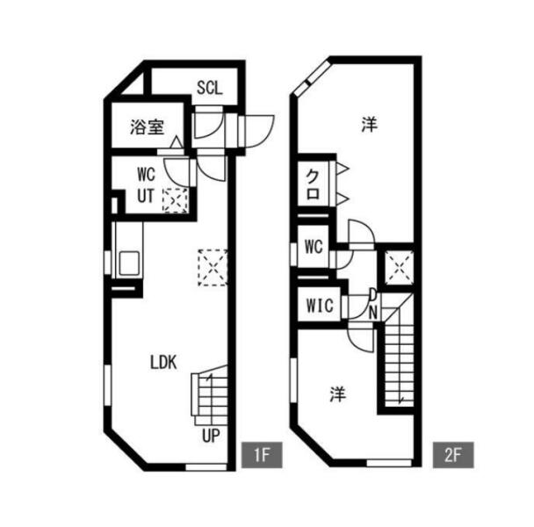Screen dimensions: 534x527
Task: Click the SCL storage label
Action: click(x=209, y=88)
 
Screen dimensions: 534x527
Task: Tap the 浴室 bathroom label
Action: click(x=148, y=127)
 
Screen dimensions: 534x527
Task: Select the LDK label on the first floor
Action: click(x=163, y=363)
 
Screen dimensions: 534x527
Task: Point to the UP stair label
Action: click(x=211, y=435)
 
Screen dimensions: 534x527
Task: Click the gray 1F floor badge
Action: click(x=262, y=455)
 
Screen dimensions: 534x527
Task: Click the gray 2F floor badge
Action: click(x=453, y=455)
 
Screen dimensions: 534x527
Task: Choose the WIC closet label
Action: click(x=320, y=306)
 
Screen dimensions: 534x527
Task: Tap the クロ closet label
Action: click(x=313, y=184)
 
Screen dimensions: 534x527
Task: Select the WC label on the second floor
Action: click(x=314, y=246)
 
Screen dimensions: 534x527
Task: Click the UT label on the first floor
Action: click(x=146, y=196)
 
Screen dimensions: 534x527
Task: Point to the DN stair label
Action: click(x=373, y=305)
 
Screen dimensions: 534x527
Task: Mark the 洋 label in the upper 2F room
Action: click(x=370, y=125)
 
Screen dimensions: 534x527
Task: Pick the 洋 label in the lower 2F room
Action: click(x=338, y=394)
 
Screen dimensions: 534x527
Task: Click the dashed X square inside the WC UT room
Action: click(x=175, y=200)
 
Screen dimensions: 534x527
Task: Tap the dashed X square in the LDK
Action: click(x=213, y=267)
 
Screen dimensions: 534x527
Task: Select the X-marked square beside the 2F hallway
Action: click(x=399, y=268)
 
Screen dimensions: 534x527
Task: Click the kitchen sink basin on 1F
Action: click(x=129, y=263)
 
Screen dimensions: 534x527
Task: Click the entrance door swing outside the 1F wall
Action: click(x=258, y=132)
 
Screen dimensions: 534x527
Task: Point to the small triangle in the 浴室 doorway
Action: click(x=176, y=142)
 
